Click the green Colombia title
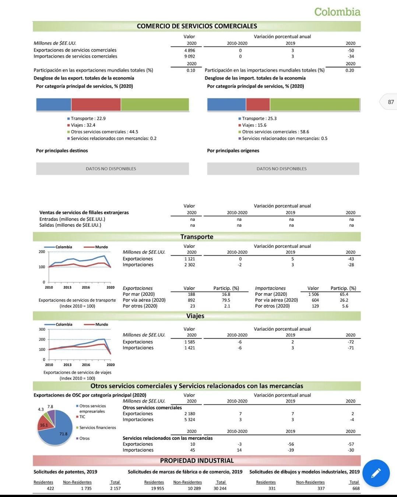coord(337,12)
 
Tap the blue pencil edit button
coord(376,473)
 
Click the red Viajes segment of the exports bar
coord(96,104)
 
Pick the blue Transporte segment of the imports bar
coord(226,104)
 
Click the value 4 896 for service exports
coord(190,51)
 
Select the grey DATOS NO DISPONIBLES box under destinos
coord(112,168)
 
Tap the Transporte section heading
coord(197,237)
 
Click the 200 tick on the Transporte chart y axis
coord(42,252)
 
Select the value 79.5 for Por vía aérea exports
coord(226,300)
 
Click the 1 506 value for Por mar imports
coord(313,294)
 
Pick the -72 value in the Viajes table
coord(351,342)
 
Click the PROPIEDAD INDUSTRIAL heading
coord(197,460)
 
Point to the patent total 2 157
coord(115,489)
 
